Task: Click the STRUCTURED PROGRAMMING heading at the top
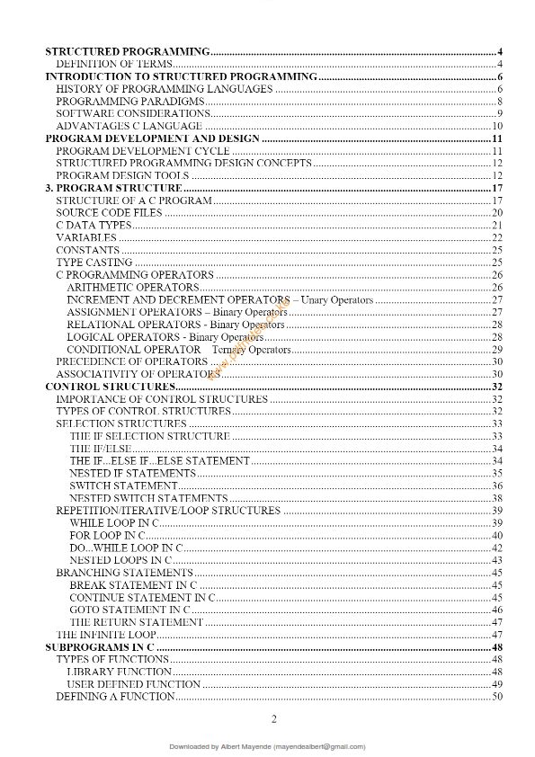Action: pos(127,51)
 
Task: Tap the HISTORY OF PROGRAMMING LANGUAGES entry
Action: pos(165,89)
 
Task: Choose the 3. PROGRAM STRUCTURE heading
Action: pos(113,188)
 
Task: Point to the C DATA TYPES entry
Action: pos(94,225)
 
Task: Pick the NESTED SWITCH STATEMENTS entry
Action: pos(148,498)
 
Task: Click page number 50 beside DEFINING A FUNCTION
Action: pos(496,697)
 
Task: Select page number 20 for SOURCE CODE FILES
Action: pos(496,212)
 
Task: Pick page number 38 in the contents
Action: pos(496,498)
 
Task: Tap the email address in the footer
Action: pos(319,746)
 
